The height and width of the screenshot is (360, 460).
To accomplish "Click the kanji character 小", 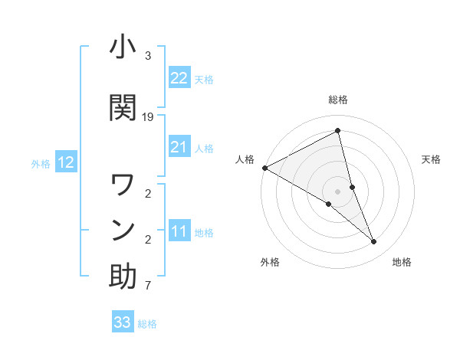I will pos(123,47).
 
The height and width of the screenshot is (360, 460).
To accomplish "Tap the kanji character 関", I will pos(123,107).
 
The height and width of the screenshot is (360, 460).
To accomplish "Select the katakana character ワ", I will pos(123,185).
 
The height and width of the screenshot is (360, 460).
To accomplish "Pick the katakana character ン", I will pos(123,230).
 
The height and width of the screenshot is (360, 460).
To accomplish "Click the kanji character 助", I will pos(123,277).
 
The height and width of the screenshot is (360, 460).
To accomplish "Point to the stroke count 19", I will pos(148,117).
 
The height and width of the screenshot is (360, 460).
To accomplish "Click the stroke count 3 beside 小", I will pos(148,56).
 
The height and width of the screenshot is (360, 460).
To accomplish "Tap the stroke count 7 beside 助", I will pos(148,286).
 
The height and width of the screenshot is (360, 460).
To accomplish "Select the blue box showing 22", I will pos(179,78).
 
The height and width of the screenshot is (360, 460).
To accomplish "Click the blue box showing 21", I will pos(179,147).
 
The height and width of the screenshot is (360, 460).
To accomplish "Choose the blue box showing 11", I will pos(179,231).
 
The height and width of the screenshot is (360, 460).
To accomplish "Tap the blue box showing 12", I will pos(65,162).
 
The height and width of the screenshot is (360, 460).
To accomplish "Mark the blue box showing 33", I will pos(123,322).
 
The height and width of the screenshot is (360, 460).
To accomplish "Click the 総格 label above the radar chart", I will pos(338,100).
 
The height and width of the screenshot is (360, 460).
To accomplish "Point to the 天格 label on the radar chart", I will pos(431,159).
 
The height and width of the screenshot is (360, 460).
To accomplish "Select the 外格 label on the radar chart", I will pos(270,262).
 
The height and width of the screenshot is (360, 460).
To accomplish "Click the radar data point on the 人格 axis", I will pos(264,168).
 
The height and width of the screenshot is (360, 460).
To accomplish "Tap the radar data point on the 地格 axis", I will pos(374,242).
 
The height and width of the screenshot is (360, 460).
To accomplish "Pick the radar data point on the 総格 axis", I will pos(338,131).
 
